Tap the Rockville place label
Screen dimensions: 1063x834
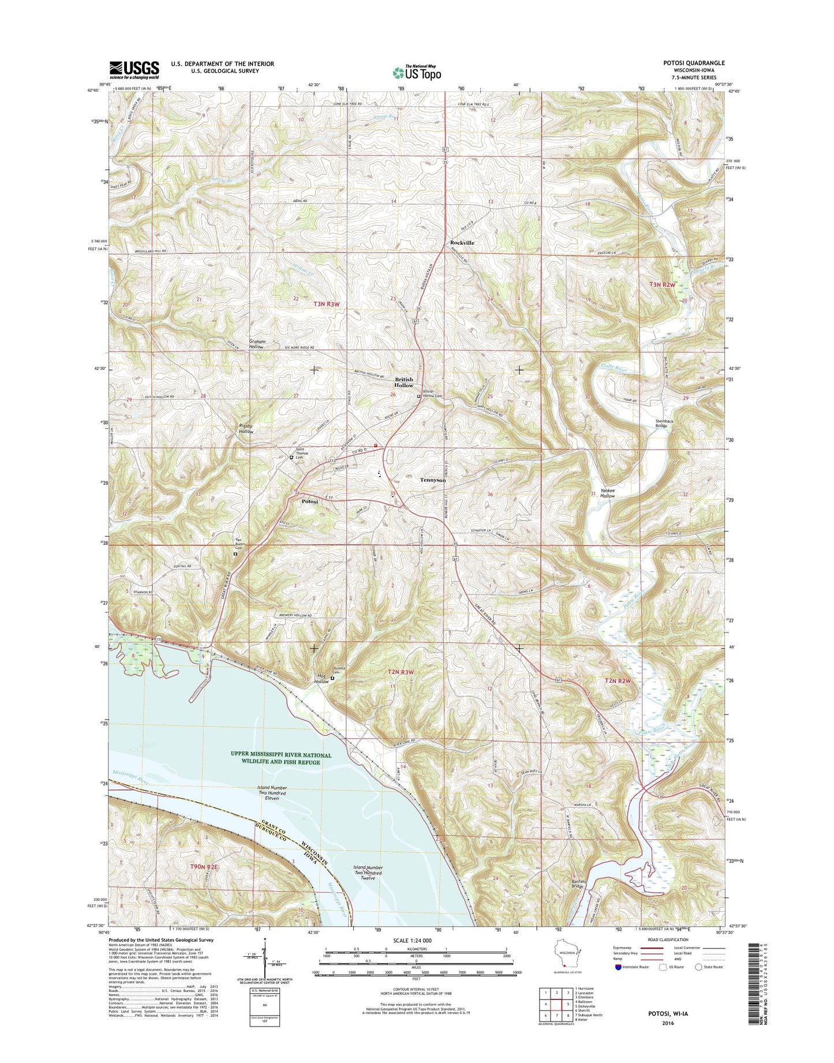pyautogui.click(x=462, y=243)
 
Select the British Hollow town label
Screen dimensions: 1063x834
pyautogui.click(x=403, y=382)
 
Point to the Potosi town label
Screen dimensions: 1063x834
pyautogui.click(x=310, y=501)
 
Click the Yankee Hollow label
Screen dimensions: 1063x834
pyautogui.click(x=607, y=493)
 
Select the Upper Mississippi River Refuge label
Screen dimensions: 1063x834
pyautogui.click(x=281, y=758)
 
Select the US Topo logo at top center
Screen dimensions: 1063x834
pyautogui.click(x=417, y=72)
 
